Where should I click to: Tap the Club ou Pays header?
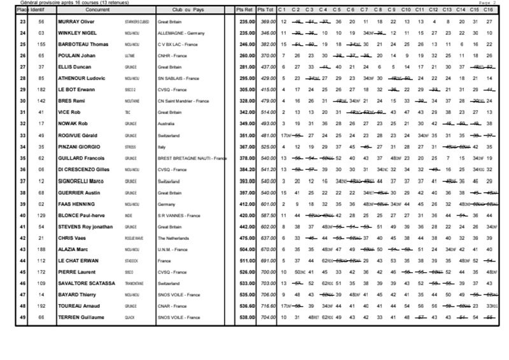click(x=189, y=11)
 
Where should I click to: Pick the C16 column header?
click(x=489, y=11)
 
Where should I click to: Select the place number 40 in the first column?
click(x=23, y=214)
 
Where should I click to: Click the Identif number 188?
click(x=41, y=248)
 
